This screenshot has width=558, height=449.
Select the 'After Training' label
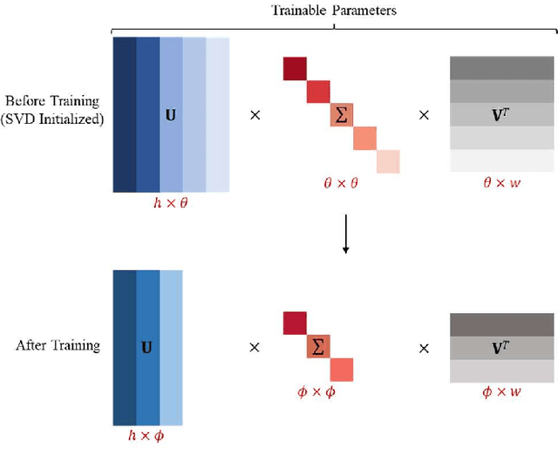[x=58, y=345]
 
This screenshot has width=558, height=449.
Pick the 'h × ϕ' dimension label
[x=147, y=434]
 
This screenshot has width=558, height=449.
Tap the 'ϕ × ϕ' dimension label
[x=318, y=393]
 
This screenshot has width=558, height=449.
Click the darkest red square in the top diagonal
[x=295, y=68]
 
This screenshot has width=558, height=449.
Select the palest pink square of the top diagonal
[x=388, y=161]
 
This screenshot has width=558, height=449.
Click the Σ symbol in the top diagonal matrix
[x=342, y=115]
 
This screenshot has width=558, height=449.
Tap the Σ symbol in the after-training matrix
[x=318, y=347]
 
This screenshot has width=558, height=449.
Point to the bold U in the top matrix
[x=171, y=113]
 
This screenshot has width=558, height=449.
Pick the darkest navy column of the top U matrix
[x=125, y=113]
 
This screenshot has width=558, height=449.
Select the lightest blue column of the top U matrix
[x=218, y=113]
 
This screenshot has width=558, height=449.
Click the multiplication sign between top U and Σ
[x=255, y=114]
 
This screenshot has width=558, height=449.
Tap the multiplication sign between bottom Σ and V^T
[x=424, y=346]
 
